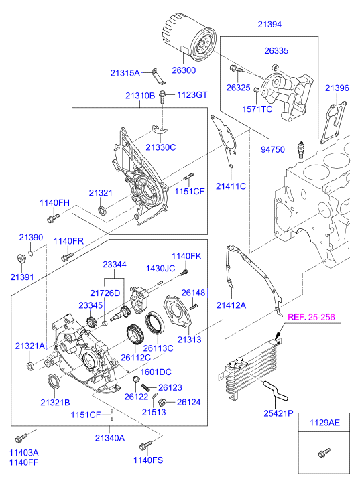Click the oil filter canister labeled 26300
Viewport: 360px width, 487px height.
pos(190,40)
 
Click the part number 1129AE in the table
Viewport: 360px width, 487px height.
pos(325,423)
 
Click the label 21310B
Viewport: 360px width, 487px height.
pos(139,96)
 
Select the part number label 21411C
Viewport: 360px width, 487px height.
pos(231,185)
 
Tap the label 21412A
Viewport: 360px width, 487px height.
pos(231,305)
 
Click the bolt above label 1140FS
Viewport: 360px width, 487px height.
pos(144,445)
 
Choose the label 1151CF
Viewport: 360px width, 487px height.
pos(86,415)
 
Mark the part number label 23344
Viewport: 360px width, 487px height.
pos(114,265)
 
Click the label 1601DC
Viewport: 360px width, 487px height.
pos(156,372)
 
